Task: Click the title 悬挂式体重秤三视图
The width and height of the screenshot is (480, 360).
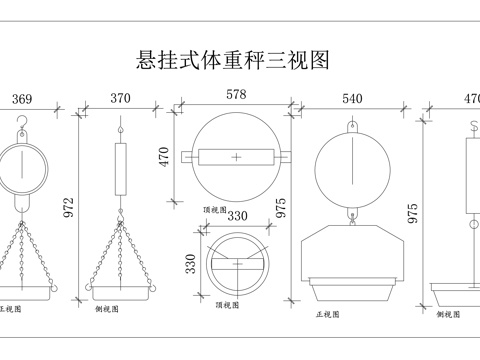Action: click(x=232, y=61)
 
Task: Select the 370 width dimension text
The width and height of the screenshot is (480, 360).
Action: click(x=120, y=98)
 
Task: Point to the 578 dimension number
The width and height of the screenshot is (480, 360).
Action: click(x=236, y=94)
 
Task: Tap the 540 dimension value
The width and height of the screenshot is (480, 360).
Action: click(x=352, y=98)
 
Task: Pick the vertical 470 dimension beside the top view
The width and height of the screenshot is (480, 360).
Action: click(x=164, y=157)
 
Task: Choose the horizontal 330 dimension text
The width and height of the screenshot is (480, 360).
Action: click(x=237, y=215)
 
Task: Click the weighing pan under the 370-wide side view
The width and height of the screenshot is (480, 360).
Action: click(x=120, y=291)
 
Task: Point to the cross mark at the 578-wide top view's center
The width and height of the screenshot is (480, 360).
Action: click(x=236, y=157)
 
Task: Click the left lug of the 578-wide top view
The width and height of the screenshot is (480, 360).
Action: click(x=186, y=157)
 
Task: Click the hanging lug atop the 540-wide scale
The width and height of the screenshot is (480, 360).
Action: click(x=352, y=126)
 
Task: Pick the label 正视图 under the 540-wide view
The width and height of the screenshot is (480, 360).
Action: click(x=327, y=313)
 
